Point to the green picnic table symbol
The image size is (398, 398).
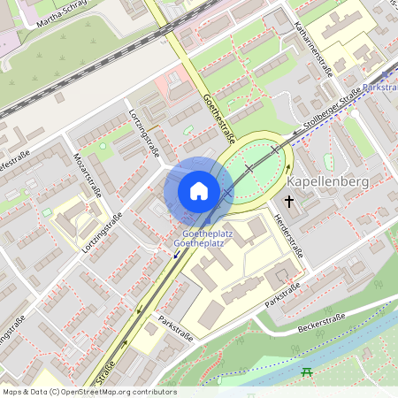[x=307, y=371]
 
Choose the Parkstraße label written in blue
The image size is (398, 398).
[x=379, y=88]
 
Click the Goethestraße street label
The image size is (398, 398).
[x=219, y=117]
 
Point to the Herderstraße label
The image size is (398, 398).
[x=288, y=234]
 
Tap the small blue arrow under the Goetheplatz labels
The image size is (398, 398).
[x=176, y=255]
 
